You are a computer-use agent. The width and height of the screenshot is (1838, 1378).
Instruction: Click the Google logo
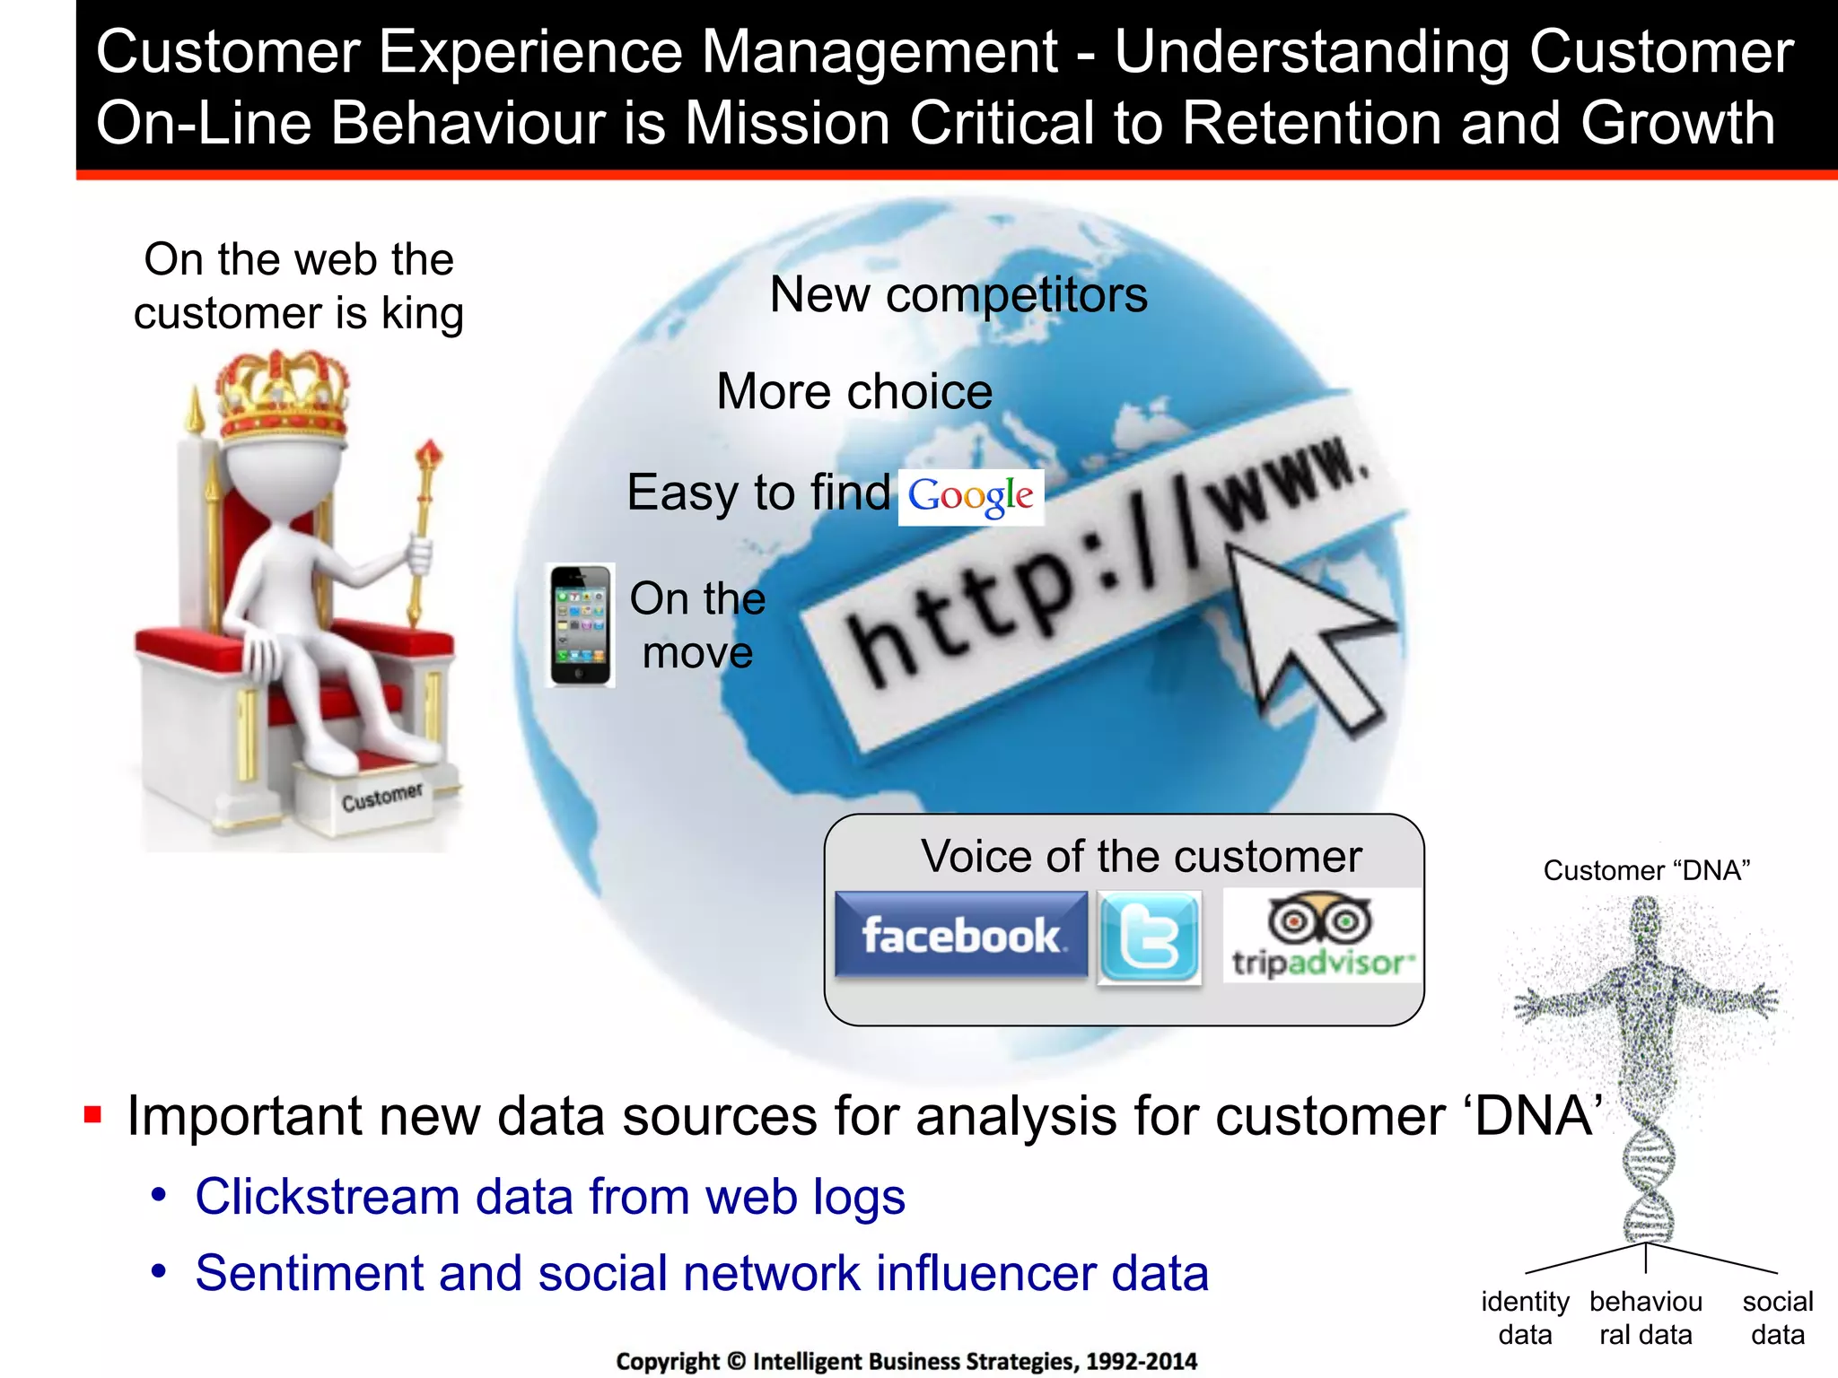pos(970,497)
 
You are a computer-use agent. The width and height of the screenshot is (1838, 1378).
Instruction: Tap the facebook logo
pos(960,935)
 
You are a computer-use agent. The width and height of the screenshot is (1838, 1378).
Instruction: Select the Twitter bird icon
pos(1150,938)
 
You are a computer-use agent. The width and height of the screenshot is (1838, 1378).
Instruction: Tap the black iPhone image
pos(580,625)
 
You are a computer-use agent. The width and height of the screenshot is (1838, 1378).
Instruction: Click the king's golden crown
pos(283,395)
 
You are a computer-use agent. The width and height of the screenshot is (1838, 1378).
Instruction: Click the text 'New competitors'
pos(958,295)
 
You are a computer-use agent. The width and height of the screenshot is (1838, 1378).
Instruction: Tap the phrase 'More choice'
pos(854,392)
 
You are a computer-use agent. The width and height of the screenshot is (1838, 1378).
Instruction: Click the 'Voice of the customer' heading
pos(1141,857)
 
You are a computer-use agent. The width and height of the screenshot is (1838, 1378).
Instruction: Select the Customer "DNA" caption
pos(1647,870)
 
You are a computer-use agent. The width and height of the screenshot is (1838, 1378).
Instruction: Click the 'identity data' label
pos(1525,1318)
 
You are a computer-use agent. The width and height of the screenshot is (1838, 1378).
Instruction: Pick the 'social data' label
pos(1777,1318)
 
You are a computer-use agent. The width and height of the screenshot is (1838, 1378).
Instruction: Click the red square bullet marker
pos(92,1115)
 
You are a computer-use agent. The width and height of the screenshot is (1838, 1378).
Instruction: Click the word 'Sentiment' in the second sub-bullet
pos(309,1273)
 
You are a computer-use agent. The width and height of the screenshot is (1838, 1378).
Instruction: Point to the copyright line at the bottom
pos(906,1361)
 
